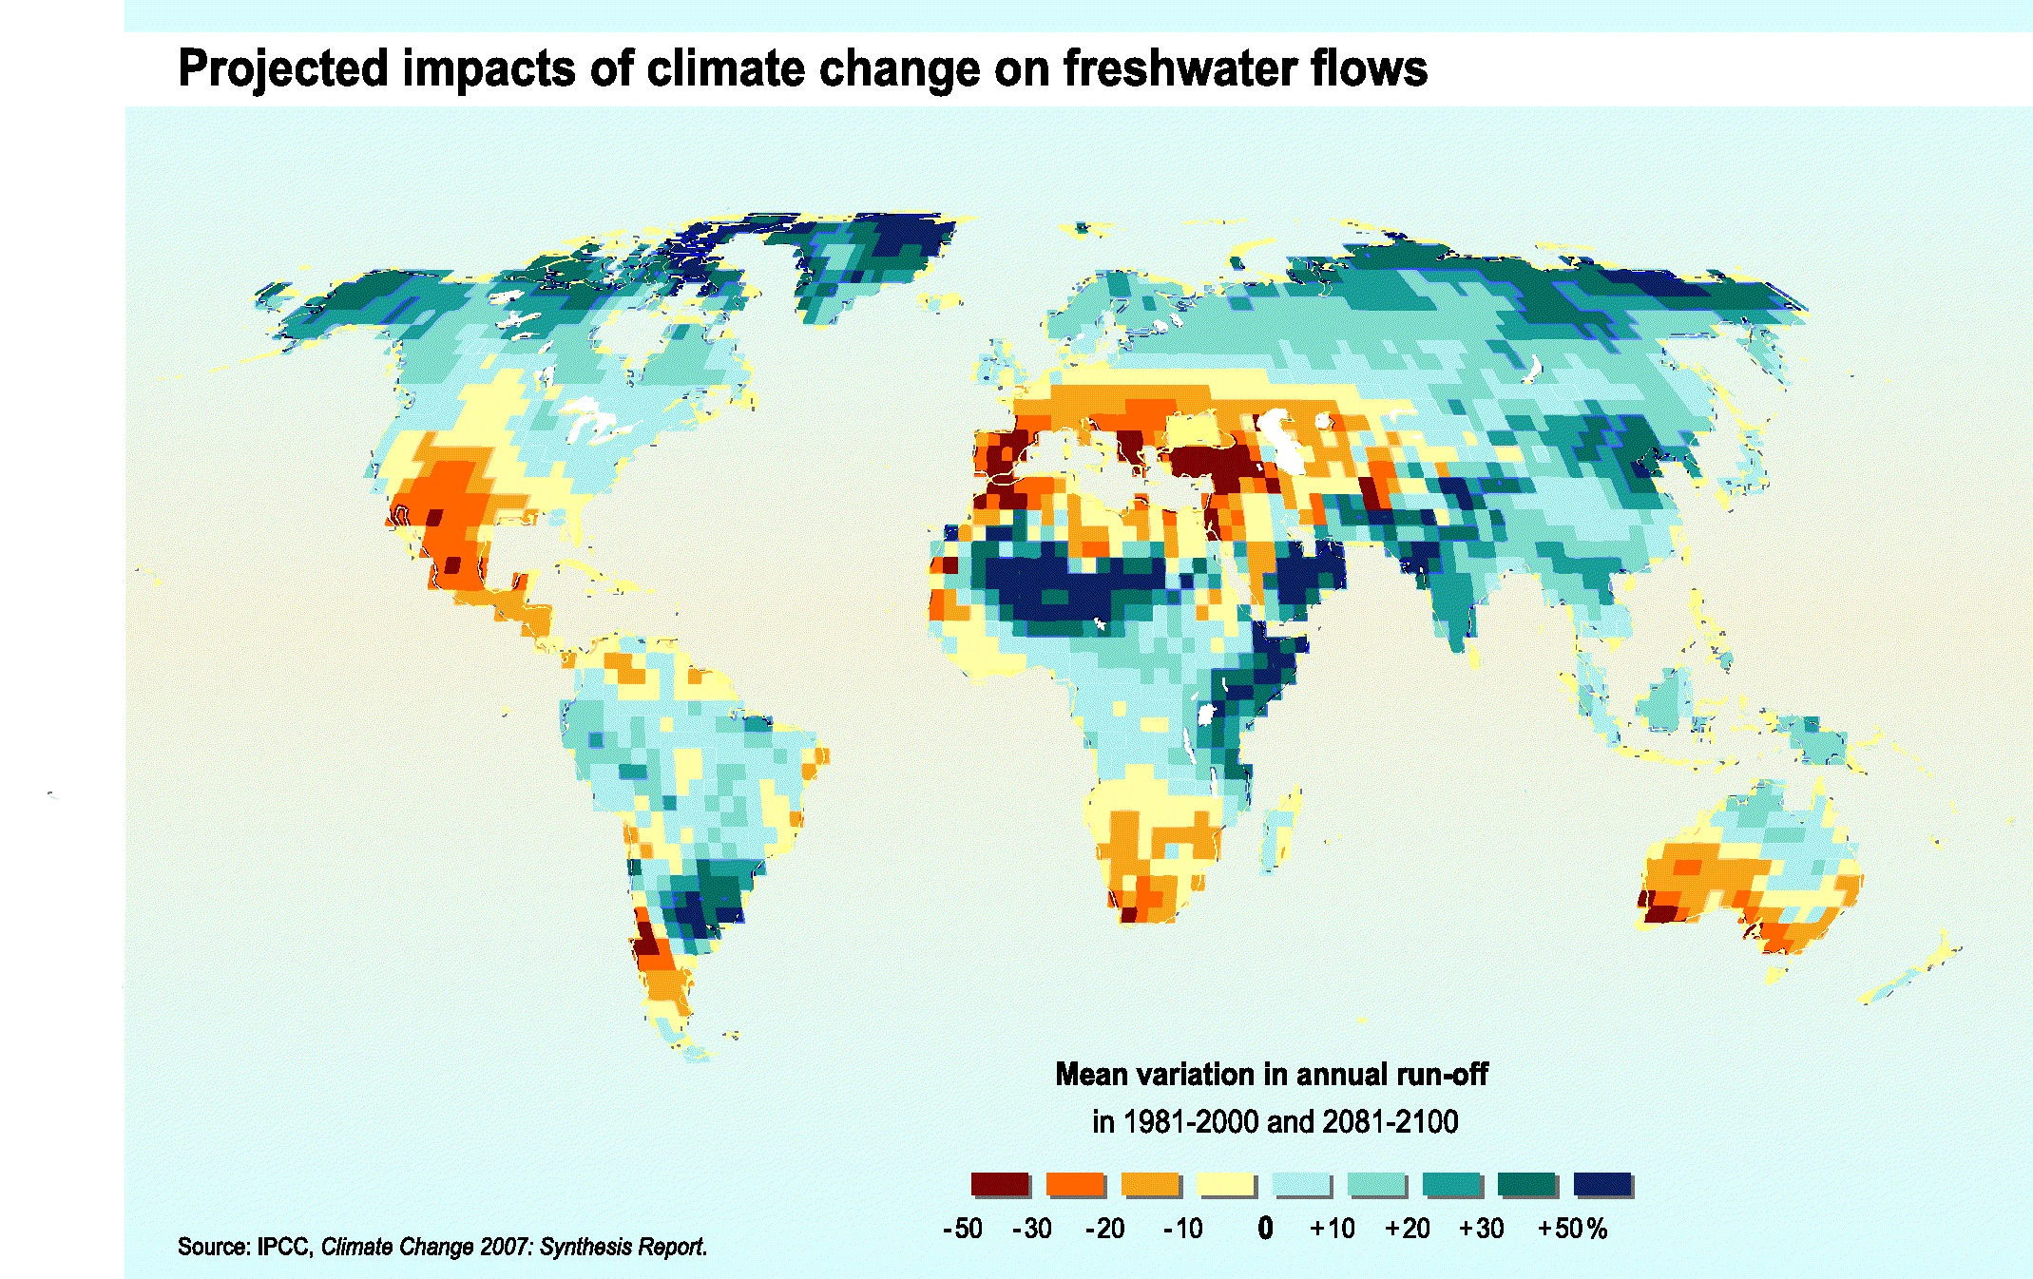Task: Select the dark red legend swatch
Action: (999, 1184)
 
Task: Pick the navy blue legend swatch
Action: (1601, 1184)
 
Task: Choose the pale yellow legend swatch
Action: (1225, 1184)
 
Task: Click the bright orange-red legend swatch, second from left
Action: (1074, 1184)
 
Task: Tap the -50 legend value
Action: (963, 1229)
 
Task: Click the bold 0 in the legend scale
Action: (1265, 1229)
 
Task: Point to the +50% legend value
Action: (1572, 1229)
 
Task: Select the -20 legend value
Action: (1105, 1229)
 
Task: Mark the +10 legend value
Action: (1333, 1229)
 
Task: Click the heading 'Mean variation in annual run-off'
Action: (1272, 1075)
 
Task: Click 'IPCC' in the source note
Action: (284, 1247)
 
